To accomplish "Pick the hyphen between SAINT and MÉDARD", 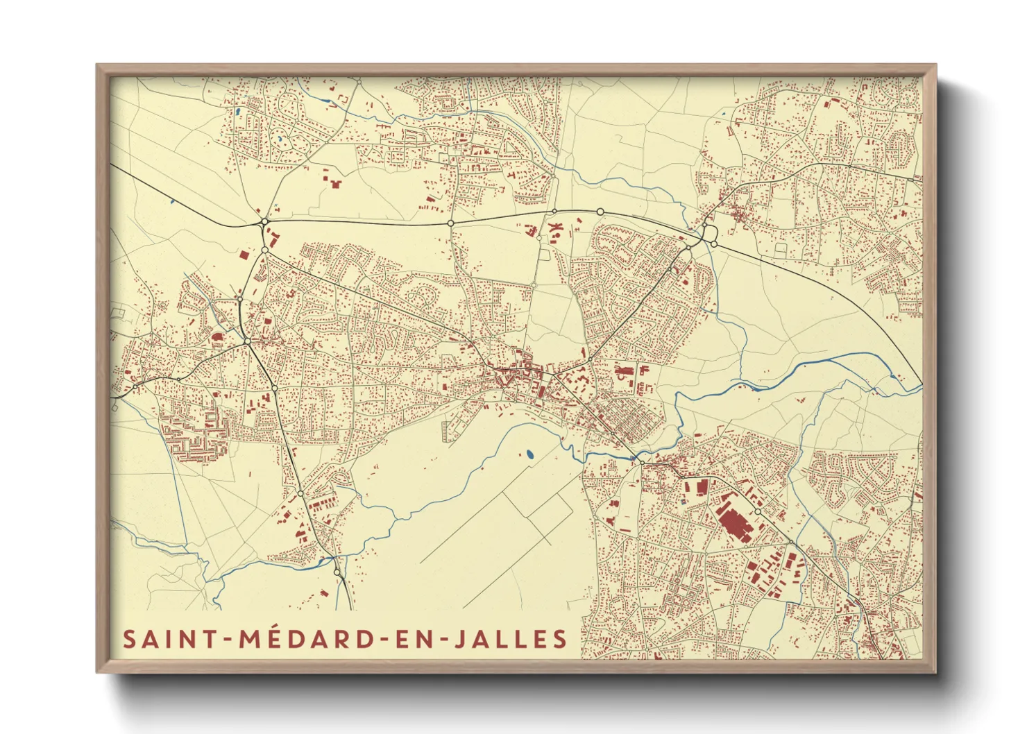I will pos(229,640).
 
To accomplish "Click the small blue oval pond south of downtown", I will pos(530,455).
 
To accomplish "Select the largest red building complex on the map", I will pos(733,520).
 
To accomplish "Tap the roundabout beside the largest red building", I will pos(758,512).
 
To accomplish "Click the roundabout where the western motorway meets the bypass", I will pos(264,222).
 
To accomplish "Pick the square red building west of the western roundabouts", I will pos(244,255).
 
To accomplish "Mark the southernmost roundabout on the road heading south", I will pos(337,572).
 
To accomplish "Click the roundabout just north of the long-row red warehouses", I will pos(300,493).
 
